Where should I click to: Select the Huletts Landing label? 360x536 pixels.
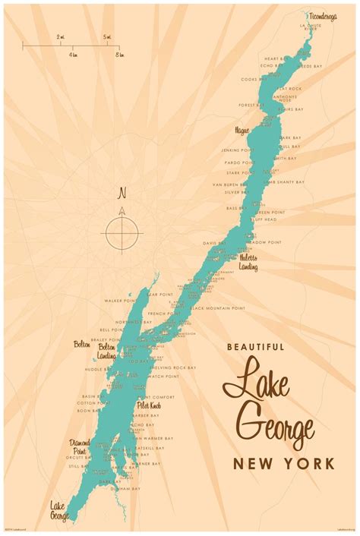(248, 262)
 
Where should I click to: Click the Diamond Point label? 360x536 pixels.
(80, 446)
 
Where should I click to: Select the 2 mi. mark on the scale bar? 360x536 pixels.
(60, 36)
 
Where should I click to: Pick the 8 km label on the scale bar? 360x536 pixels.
(118, 55)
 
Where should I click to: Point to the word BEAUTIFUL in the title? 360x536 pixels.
(256, 347)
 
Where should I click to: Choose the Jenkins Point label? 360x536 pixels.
(235, 150)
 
